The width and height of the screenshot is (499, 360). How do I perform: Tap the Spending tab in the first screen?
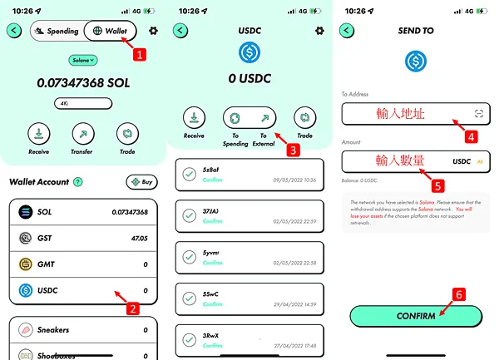[x=57, y=31]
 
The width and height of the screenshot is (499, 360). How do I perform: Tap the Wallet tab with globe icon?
[x=111, y=31]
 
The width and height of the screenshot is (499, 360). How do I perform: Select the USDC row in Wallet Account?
[x=82, y=291]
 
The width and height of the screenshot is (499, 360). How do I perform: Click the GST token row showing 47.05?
[x=82, y=239]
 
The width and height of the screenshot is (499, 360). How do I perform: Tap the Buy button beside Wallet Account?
[x=141, y=182]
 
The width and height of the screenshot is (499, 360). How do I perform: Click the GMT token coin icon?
[x=26, y=264]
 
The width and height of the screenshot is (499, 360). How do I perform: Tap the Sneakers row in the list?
[x=82, y=330]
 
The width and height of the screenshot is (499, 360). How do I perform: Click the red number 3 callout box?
[x=293, y=150]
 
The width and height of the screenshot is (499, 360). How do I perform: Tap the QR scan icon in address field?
[x=478, y=113]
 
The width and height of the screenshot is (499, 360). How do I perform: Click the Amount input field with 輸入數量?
[x=399, y=160]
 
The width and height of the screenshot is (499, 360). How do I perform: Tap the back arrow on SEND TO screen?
[x=347, y=31]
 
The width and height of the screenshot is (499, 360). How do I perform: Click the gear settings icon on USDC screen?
[x=319, y=31]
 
